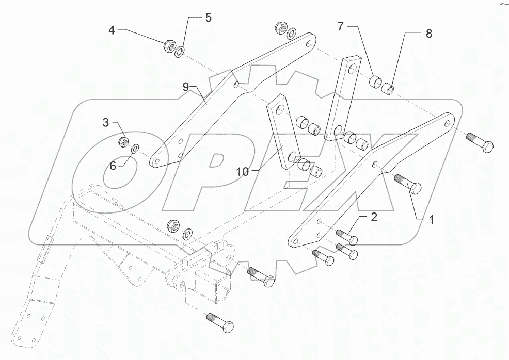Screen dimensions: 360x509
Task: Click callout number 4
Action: pos(112,30)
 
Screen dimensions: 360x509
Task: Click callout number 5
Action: pos(208,18)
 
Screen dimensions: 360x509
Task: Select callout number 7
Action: pos(341,27)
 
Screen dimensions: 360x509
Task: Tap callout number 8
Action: pos(428,34)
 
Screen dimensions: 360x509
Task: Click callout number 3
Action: pos(105,122)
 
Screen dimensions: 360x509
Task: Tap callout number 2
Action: pos(372,217)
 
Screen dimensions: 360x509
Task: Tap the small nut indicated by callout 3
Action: pos(123,141)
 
